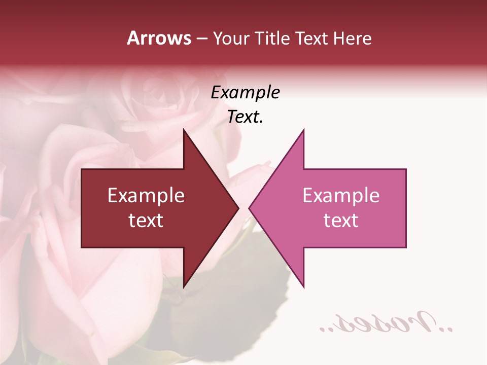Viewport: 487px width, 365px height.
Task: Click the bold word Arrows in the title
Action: pyautogui.click(x=159, y=38)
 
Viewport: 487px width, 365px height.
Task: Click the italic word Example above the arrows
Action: pyautogui.click(x=245, y=92)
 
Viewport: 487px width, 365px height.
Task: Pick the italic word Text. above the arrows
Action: pyautogui.click(x=245, y=117)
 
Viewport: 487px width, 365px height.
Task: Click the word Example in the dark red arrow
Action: pyautogui.click(x=146, y=195)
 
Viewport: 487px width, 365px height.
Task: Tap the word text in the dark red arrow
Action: pyautogui.click(x=146, y=221)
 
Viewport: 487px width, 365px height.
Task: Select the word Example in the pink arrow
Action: pyautogui.click(x=341, y=195)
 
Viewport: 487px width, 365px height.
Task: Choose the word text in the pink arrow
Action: pyautogui.click(x=341, y=221)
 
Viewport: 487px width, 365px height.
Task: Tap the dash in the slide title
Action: pyautogui.click(x=201, y=39)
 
